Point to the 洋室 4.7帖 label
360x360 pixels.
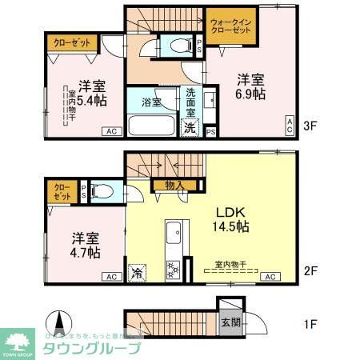[x=84, y=245]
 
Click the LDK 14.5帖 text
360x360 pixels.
[x=232, y=219]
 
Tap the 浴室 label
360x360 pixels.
[x=151, y=102]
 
